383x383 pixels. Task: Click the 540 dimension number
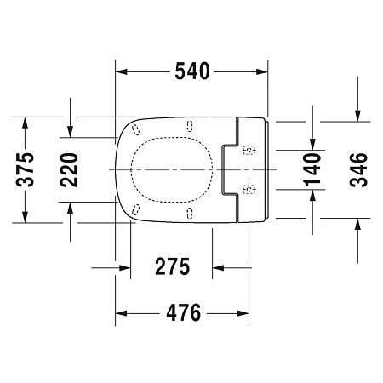(x=193, y=71)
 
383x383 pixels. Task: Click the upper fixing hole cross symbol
(x=249, y=151)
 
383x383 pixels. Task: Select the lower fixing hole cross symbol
(x=249, y=187)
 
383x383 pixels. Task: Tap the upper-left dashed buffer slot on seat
(x=135, y=129)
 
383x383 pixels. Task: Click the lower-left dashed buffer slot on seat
(x=135, y=209)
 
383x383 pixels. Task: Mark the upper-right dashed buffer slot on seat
(x=188, y=126)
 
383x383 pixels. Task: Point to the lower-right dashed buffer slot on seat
(x=188, y=211)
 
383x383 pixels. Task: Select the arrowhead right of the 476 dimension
(x=243, y=313)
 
